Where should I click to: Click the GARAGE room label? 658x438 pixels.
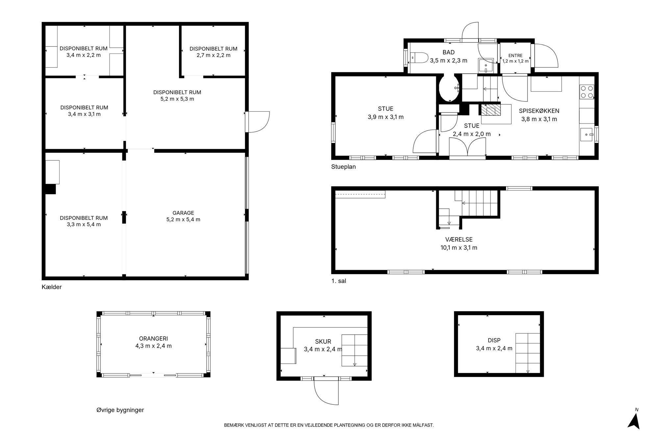pyautogui.click(x=183, y=213)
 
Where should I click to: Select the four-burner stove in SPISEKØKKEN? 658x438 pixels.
pyautogui.click(x=587, y=92)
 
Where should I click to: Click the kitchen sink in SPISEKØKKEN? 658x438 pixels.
pyautogui.click(x=587, y=134)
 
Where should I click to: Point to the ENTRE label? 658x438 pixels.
pyautogui.click(x=515, y=56)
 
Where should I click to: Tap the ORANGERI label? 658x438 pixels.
pyautogui.click(x=153, y=339)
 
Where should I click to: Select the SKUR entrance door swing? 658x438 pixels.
pyautogui.click(x=326, y=392)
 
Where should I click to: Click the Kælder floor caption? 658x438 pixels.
pyautogui.click(x=52, y=287)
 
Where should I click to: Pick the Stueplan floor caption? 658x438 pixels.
pyautogui.click(x=343, y=167)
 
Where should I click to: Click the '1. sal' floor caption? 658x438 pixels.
pyautogui.click(x=339, y=281)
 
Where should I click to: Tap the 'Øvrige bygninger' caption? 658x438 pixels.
pyautogui.click(x=120, y=410)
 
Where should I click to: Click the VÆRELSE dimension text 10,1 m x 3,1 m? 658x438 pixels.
pyautogui.click(x=459, y=248)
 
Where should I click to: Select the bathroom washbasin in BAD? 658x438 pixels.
pyautogui.click(x=486, y=66)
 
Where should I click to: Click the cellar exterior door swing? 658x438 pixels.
pyautogui.click(x=259, y=122)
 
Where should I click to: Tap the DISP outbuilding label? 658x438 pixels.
pyautogui.click(x=494, y=341)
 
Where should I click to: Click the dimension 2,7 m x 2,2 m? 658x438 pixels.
pyautogui.click(x=214, y=55)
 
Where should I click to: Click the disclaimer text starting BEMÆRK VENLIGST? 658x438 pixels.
pyautogui.click(x=329, y=425)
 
